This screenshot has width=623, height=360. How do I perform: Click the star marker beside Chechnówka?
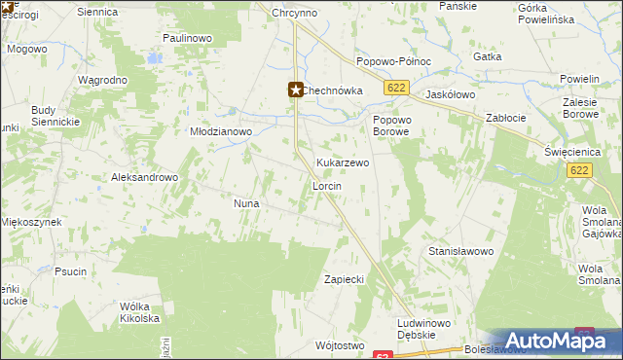pyautogui.click(x=296, y=90)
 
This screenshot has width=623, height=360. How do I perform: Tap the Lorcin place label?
pyautogui.click(x=325, y=185)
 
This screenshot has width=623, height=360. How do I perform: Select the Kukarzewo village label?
pyautogui.click(x=343, y=163)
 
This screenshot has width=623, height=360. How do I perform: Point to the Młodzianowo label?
pyautogui.click(x=221, y=131)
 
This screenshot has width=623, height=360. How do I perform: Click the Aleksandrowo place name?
pyautogui.click(x=145, y=178)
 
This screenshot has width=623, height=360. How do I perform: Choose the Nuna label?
pyautogui.click(x=244, y=203)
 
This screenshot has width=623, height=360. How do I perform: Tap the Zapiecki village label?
pyautogui.click(x=344, y=279)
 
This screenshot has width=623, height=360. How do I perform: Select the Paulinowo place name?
pyautogui.click(x=188, y=38)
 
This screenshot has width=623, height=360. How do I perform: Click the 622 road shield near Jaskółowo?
pyautogui.click(x=394, y=88)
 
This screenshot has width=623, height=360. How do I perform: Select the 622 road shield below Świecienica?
pyautogui.click(x=578, y=170)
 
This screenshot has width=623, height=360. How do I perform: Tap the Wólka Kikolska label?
pyautogui.click(x=139, y=311)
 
